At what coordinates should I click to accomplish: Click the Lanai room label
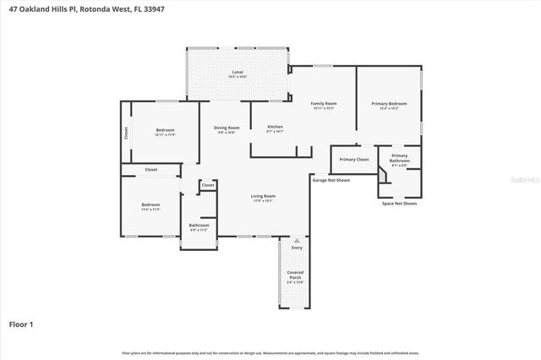coord(238,74)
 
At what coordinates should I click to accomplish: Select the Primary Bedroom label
coord(389,104)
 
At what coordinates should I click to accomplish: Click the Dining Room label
coord(227,128)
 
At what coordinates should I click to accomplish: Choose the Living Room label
coord(263,197)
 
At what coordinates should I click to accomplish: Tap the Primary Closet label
coord(354,159)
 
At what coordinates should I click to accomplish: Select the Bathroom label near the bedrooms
coord(199,225)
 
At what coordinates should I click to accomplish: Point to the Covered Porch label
coord(295,275)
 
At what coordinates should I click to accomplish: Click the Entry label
coord(296,248)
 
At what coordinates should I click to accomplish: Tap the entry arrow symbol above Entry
coord(296,240)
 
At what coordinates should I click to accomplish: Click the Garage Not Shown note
coord(331,180)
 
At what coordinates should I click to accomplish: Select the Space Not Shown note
coord(399,204)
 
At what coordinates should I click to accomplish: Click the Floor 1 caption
coord(21,324)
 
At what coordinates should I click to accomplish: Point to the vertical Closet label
coord(126,133)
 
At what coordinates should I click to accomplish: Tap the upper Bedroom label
coord(165,130)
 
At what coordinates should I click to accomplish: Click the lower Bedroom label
coord(150,205)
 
